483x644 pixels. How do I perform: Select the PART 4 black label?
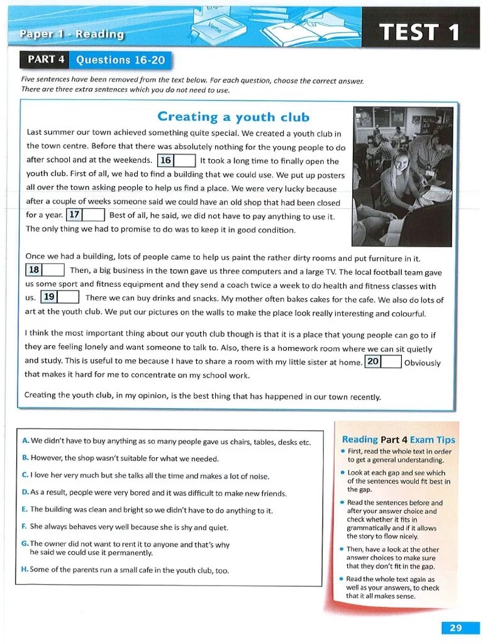pos(46,60)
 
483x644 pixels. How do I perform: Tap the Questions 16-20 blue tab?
pos(120,60)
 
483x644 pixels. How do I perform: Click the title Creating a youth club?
pos(233,116)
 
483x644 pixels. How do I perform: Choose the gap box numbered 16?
pos(176,160)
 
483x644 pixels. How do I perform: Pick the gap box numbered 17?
pos(85,215)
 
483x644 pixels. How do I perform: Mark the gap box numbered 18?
pos(45,270)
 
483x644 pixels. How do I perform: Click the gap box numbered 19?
pos(60,297)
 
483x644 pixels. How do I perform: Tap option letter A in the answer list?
pos(25,441)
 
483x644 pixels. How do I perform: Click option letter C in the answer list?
pos(25,475)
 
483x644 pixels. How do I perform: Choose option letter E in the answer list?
pos(25,509)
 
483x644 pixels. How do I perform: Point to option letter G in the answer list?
pos(25,543)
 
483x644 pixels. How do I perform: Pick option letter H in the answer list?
pos(25,570)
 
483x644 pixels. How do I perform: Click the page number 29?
pos(456,627)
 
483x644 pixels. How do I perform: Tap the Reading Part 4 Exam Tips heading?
pos(398,440)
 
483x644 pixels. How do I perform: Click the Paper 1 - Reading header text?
pos(71,34)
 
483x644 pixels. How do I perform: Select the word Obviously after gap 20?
pos(422,363)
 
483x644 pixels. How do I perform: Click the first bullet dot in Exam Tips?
pos(342,452)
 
